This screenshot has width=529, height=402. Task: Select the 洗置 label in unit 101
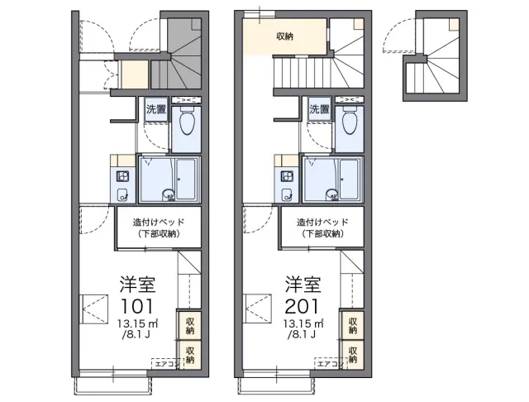156,109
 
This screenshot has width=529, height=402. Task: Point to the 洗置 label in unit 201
319,109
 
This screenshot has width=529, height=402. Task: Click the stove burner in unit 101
122,176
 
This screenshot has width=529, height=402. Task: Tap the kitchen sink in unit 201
287,194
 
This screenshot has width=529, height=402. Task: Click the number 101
136,307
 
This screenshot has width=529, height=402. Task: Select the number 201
302,307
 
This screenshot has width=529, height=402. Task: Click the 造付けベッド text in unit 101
159,223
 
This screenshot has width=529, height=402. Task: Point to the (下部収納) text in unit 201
322,233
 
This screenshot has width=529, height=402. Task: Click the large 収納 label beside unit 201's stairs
284,36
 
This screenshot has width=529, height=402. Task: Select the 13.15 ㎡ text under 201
303,323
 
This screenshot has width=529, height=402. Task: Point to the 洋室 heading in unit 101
137,285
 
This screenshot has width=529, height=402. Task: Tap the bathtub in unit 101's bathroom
185,179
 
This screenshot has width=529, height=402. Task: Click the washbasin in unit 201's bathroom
332,194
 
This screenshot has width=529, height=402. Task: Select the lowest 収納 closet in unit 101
189,354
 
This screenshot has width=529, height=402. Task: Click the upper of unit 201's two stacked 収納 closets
353,325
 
